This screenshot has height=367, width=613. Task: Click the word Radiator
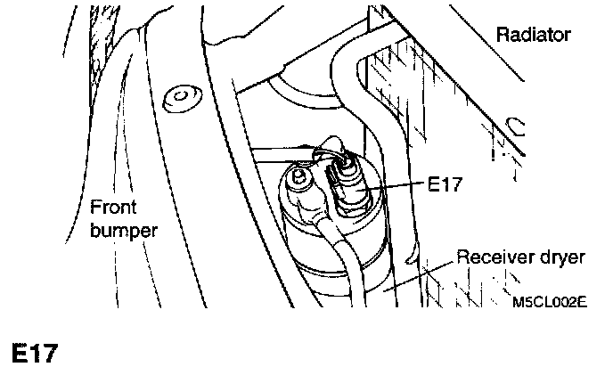tap(532, 35)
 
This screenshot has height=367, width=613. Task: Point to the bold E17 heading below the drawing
tap(34, 351)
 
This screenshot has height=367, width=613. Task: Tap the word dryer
tap(563, 258)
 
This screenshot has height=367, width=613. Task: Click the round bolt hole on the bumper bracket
tap(182, 94)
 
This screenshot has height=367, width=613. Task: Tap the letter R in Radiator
tap(502, 35)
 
